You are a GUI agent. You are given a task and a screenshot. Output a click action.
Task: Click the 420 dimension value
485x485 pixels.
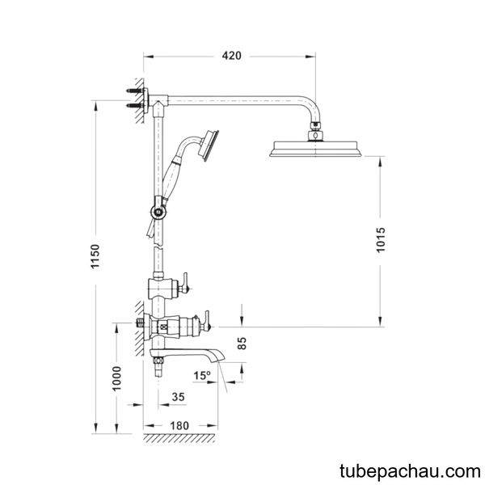[231, 56]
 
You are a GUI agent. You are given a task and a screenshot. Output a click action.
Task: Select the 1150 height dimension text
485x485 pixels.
[95, 256]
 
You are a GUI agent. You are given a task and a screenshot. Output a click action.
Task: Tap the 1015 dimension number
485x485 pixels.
[381, 240]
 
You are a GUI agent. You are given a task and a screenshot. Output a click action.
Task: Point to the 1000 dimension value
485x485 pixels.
[116, 378]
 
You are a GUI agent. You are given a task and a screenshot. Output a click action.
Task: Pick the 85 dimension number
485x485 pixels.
[242, 343]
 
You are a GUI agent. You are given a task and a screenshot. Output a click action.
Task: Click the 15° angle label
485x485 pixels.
[202, 376]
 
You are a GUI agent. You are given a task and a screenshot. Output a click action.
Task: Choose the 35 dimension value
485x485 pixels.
[178, 397]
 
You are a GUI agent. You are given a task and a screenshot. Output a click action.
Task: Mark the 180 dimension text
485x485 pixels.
[179, 426]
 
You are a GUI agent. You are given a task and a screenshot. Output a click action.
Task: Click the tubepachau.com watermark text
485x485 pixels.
[410, 471]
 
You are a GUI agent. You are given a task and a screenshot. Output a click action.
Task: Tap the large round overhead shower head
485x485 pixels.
[315, 149]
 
